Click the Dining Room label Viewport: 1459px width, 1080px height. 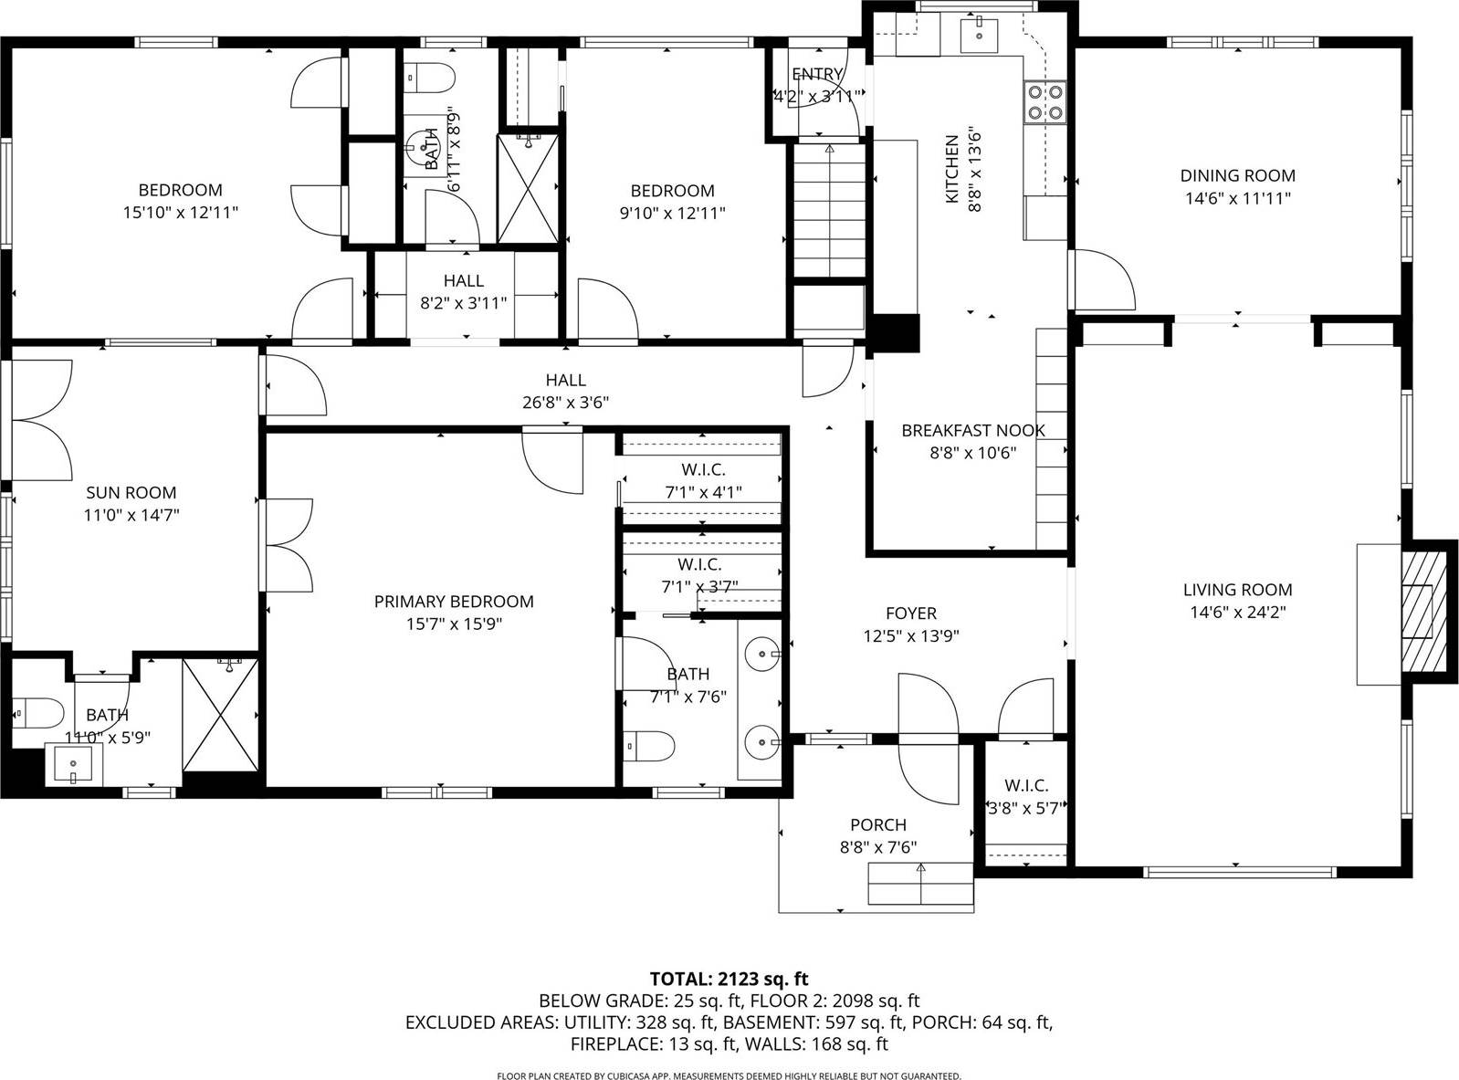(x=1237, y=175)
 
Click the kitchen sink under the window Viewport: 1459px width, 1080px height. (x=978, y=35)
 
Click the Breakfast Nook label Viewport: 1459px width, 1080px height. (x=972, y=430)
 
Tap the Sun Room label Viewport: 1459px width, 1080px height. (x=131, y=492)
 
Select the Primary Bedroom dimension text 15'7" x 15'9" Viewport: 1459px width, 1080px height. (x=454, y=624)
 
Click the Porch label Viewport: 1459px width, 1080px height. (x=877, y=824)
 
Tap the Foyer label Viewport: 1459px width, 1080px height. (x=910, y=613)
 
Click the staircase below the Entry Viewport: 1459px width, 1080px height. (x=828, y=210)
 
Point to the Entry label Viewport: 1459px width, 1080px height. (x=816, y=74)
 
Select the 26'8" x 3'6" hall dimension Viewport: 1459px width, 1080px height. (x=565, y=403)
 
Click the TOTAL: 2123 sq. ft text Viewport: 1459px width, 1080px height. (x=729, y=980)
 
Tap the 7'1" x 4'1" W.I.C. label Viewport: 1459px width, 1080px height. (x=702, y=493)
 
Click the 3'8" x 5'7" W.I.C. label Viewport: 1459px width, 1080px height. (x=1025, y=808)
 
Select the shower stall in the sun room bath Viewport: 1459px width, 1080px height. (x=221, y=715)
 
